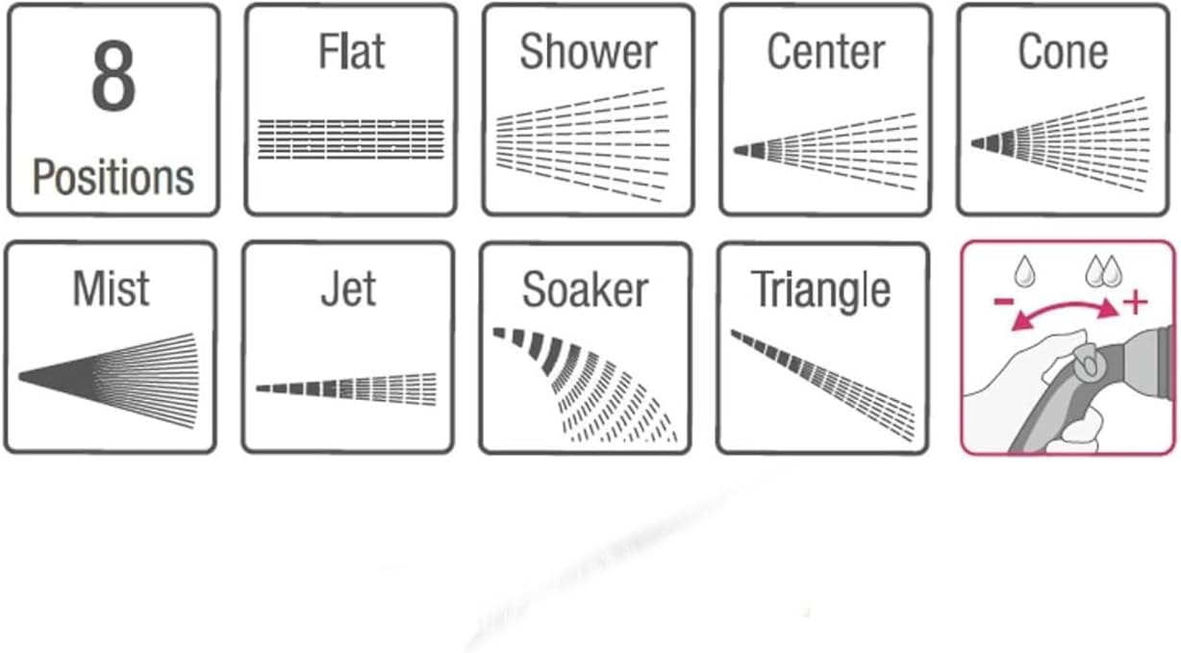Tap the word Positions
tap(113, 178)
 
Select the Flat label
tap(352, 52)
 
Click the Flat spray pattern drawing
tap(352, 138)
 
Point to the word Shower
tap(589, 52)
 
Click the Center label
tap(826, 52)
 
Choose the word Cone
tap(1063, 52)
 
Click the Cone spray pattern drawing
tap(1061, 139)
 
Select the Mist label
tap(112, 289)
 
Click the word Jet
tap(348, 289)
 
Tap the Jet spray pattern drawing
tap(347, 389)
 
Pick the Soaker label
tap(585, 289)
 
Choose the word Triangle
tap(820, 289)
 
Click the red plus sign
tap(1136, 303)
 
